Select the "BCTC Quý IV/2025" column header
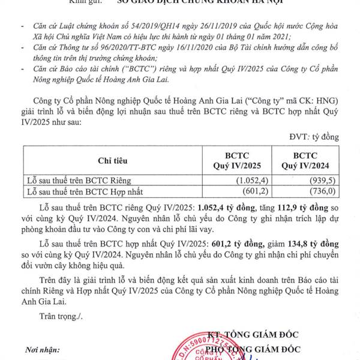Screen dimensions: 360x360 [x=237, y=160]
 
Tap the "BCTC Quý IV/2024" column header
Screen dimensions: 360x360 [x=306, y=160]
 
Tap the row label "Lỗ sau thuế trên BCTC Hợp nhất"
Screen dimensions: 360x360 [x=91, y=191]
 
